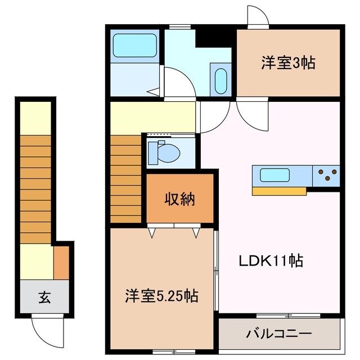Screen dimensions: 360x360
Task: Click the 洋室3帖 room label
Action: (287, 63)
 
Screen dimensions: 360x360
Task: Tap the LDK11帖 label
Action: (272, 261)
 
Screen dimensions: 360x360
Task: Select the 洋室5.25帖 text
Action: (161, 295)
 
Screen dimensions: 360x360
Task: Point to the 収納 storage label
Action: (180, 199)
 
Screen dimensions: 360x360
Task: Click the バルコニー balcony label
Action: (279, 334)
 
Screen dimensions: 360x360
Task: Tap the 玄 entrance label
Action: (44, 298)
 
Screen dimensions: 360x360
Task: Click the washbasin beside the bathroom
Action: (220, 80)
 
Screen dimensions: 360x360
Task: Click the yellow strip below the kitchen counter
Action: (279, 191)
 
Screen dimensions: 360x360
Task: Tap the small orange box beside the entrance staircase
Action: (61, 262)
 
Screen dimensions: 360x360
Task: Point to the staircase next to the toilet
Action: (126, 177)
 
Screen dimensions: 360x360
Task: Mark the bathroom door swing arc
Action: (175, 84)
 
